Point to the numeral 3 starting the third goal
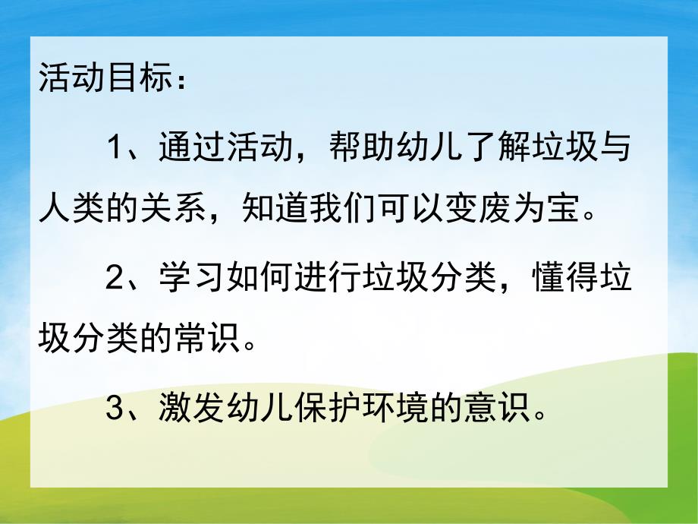pyautogui.click(x=115, y=411)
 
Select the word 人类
pyautogui.click(x=71, y=207)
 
